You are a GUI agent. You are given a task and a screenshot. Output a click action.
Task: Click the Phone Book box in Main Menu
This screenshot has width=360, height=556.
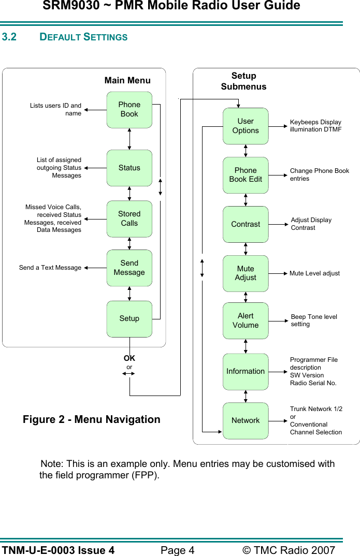pyautogui.click(x=129, y=110)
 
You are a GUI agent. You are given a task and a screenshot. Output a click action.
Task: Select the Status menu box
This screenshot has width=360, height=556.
pyautogui.click(x=129, y=168)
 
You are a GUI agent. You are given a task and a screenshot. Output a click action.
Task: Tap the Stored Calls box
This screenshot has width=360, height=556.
pyautogui.click(x=129, y=218)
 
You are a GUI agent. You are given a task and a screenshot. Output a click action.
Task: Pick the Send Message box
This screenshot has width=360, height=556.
pyautogui.click(x=129, y=268)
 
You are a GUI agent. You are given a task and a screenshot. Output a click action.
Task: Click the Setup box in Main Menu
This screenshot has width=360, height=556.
pyautogui.click(x=129, y=318)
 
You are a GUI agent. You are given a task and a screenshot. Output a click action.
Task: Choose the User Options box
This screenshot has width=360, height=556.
pyautogui.click(x=246, y=126)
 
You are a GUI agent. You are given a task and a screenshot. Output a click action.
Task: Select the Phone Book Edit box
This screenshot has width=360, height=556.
pyautogui.click(x=246, y=175)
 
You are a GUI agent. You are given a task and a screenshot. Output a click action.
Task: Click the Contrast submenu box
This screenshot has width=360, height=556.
pyautogui.click(x=246, y=224)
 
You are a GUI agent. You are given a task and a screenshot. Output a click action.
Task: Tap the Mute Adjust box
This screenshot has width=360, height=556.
pyautogui.click(x=246, y=273)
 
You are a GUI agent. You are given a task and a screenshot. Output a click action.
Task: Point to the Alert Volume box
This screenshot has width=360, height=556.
pyautogui.click(x=246, y=320)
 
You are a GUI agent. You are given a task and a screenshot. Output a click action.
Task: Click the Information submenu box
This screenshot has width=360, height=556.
pyautogui.click(x=246, y=371)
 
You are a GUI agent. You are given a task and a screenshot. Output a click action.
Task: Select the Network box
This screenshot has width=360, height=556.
pyautogui.click(x=246, y=420)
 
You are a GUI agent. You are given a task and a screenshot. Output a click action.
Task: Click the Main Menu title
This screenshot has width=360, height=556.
pyautogui.click(x=127, y=80)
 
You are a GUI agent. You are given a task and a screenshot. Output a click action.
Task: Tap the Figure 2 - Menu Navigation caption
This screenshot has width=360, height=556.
pyautogui.click(x=92, y=419)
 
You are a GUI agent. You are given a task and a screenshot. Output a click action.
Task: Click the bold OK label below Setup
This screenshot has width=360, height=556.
pyautogui.click(x=129, y=358)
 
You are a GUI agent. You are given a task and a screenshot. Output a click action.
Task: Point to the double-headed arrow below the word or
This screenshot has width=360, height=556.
pyautogui.click(x=129, y=373)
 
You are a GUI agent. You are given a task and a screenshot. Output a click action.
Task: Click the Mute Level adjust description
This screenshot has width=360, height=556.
pyautogui.click(x=314, y=273)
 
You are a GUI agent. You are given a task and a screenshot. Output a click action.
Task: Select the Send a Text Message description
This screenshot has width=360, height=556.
pyautogui.click(x=50, y=268)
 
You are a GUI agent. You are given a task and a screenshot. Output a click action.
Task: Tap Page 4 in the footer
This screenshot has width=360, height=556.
pyautogui.click(x=177, y=550)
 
